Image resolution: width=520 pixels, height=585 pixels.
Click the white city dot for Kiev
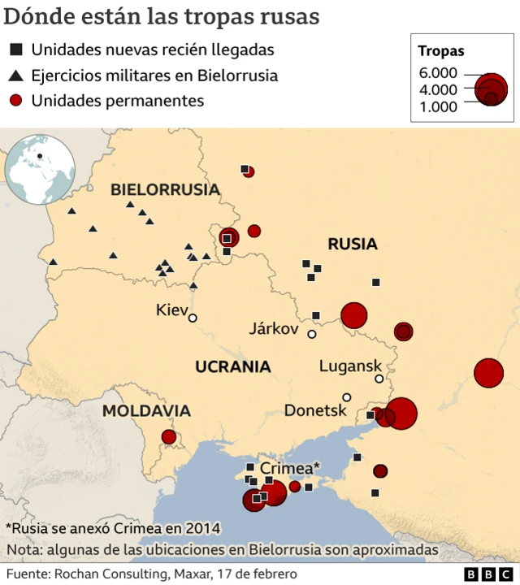(193, 318)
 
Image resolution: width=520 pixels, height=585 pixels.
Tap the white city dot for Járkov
(311, 334)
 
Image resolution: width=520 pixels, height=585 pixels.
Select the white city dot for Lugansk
(379, 379)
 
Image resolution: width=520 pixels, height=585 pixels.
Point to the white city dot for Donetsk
(347, 397)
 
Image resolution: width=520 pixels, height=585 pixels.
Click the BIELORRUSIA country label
(165, 190)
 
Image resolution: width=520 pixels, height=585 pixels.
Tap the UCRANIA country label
(232, 366)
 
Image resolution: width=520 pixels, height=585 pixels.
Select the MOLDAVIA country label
(146, 411)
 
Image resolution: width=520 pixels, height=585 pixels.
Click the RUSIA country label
(353, 244)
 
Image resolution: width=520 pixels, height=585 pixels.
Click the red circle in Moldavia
(169, 437)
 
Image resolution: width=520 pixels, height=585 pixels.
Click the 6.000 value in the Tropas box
(438, 73)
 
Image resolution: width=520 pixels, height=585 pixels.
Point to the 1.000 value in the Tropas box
(438, 106)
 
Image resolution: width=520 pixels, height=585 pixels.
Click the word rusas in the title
(288, 16)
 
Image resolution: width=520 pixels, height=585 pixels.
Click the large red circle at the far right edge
(489, 373)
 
